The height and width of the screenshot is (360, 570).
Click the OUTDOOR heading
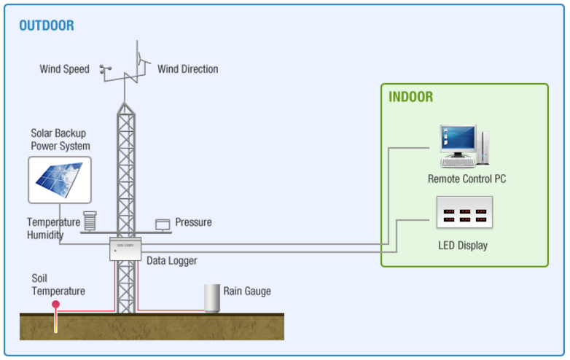[46, 26]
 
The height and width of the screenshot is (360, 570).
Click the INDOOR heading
[410, 97]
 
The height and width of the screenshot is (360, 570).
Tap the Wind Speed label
[64, 69]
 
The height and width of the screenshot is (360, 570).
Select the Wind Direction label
[187, 69]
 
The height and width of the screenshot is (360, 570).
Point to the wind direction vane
[140, 57]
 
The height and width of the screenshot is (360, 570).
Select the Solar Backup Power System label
[60, 140]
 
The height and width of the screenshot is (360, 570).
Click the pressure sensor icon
[163, 224]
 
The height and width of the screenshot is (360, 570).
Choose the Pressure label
[193, 222]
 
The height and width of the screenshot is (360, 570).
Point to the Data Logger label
[171, 260]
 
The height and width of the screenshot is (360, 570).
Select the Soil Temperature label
[58, 285]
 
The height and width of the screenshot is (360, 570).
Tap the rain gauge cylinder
[212, 298]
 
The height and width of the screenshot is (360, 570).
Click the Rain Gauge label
[246, 291]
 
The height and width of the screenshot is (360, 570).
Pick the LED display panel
[464, 214]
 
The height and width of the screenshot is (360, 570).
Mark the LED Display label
[462, 246]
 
